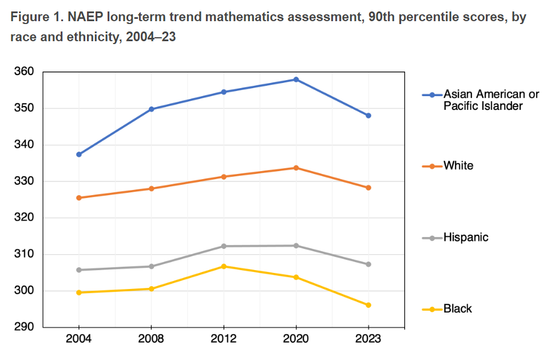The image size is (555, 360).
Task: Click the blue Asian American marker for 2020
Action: coord(296,80)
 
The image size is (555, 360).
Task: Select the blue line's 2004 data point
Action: coord(79,155)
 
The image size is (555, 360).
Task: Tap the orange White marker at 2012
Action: coord(224,177)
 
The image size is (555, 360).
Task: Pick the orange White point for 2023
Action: coord(368,188)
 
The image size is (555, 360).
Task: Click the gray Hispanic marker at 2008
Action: coord(152,266)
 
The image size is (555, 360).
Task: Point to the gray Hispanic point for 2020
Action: coord(296,246)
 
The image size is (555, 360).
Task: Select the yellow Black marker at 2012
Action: coord(224,266)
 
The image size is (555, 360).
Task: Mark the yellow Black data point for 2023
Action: coord(368,305)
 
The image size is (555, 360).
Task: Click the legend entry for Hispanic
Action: coord(466,237)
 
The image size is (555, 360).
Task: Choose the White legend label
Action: coord(458,166)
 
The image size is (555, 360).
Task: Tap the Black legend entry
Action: coord(458,309)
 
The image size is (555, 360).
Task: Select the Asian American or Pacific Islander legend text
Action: coord(491,100)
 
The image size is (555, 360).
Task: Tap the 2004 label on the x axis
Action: coord(79,339)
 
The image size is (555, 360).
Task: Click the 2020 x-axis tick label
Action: coord(296,339)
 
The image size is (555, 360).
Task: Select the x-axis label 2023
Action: coord(368,339)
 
